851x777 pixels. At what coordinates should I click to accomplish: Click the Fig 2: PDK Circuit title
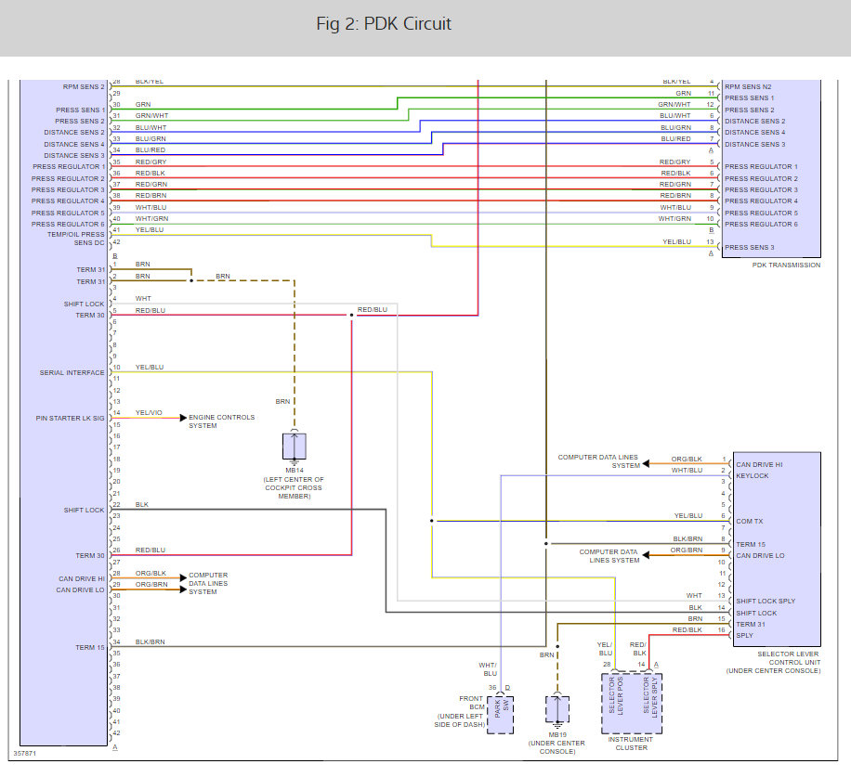coord(384,23)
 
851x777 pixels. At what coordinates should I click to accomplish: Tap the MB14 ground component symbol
coord(295,447)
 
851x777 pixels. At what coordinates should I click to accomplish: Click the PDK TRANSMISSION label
coord(785,265)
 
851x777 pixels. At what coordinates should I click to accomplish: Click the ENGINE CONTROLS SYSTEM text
coord(222,421)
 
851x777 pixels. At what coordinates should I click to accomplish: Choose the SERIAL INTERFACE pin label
coord(72,373)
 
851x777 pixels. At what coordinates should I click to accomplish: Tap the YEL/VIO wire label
coord(149,413)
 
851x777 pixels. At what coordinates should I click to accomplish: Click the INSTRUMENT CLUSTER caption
coord(631,743)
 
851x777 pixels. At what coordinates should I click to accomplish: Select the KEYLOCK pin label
coord(752,475)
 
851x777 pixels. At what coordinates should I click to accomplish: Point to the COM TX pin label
coord(750,522)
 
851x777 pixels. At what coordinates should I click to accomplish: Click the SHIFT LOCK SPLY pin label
coord(765,602)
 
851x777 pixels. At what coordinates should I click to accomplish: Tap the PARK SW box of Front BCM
coord(500,712)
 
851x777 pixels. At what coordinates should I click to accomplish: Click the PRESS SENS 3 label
coord(748,248)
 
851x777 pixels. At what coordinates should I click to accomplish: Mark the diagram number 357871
coord(25,753)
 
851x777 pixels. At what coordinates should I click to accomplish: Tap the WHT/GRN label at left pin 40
coord(151,218)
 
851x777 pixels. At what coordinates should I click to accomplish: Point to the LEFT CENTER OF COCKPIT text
coord(294,484)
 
